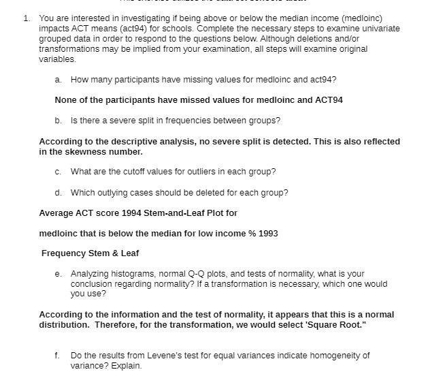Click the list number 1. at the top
pyautogui.click(x=26, y=18)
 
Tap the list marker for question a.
pyautogui.click(x=58, y=80)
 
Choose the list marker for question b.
pyautogui.click(x=58, y=121)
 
